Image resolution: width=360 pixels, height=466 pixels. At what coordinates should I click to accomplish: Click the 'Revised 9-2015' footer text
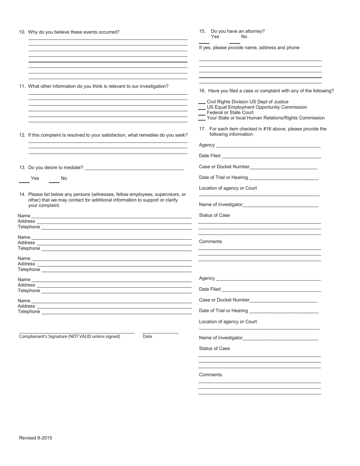(x=36, y=438)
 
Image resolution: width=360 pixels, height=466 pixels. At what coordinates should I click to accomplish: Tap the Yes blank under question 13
(x=24, y=182)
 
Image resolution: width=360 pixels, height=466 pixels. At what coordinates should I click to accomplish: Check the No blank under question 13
(x=54, y=182)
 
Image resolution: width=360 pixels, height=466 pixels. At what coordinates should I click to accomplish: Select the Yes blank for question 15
(x=204, y=42)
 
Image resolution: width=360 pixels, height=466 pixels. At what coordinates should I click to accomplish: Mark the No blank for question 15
(x=235, y=42)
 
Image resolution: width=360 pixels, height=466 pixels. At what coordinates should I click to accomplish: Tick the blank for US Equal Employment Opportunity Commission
(x=202, y=108)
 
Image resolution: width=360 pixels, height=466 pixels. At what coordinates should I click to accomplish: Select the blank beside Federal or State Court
(x=202, y=113)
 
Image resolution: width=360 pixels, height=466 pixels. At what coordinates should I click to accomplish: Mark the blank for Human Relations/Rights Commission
(x=202, y=119)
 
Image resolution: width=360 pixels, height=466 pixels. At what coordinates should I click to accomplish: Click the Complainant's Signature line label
(x=69, y=336)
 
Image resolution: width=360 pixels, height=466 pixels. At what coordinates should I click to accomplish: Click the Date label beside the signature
(x=147, y=336)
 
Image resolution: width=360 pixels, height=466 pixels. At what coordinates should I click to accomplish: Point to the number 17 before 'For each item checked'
(x=202, y=129)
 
